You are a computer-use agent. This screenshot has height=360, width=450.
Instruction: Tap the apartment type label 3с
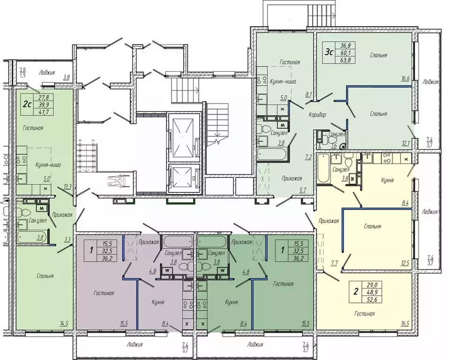[x=329, y=52]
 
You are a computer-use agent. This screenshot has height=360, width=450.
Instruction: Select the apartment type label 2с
[x=27, y=104]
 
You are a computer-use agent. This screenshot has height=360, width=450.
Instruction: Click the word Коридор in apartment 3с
[x=317, y=115]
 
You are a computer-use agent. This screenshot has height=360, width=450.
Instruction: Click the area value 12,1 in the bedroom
[x=405, y=142]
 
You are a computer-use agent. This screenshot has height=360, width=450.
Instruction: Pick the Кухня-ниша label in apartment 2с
[x=48, y=165]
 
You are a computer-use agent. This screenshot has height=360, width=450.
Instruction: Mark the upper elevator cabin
[x=184, y=138]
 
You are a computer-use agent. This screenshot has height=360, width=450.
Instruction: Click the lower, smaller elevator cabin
[x=184, y=178]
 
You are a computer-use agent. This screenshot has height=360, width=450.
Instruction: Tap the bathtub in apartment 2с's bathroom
[x=32, y=237]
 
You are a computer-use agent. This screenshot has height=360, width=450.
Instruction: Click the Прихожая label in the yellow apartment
[x=329, y=221]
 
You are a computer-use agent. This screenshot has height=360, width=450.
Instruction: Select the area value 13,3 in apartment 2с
[x=67, y=187]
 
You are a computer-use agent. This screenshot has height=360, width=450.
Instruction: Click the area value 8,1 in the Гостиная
[x=308, y=94]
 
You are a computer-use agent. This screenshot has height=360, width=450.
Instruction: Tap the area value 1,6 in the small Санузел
[x=334, y=146]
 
